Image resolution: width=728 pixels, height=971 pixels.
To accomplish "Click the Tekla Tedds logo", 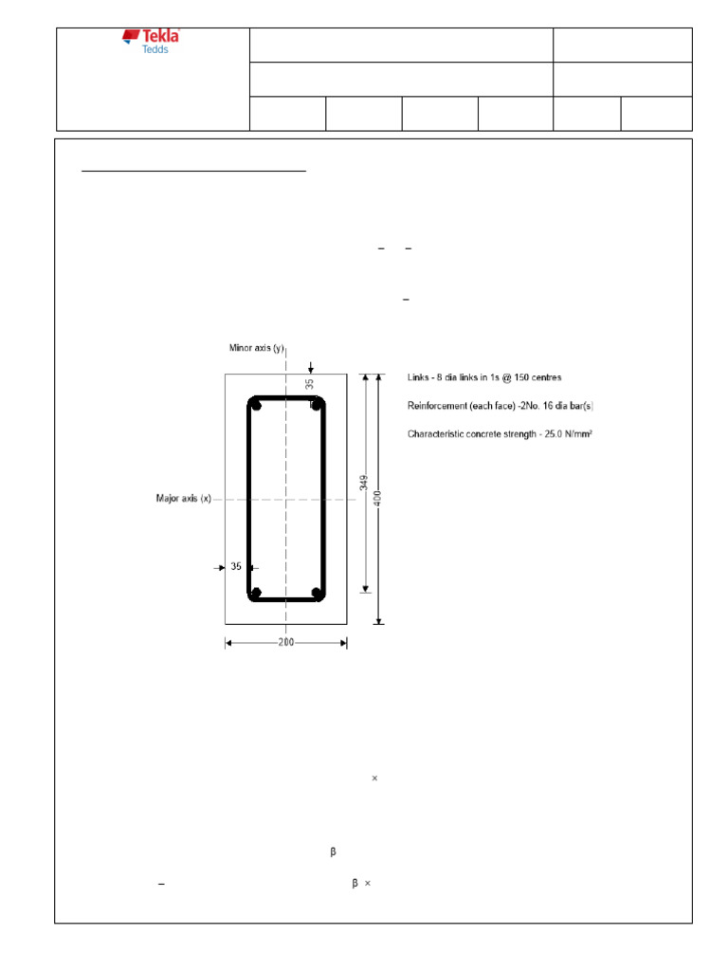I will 151,41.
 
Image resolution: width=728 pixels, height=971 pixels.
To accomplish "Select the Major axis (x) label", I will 183,498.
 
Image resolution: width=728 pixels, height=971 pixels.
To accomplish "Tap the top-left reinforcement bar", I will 256,405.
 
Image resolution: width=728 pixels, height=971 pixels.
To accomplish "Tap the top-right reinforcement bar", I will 318,405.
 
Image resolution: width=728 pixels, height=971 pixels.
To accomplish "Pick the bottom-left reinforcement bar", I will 256,593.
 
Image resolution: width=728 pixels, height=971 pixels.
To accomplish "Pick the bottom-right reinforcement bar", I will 318,593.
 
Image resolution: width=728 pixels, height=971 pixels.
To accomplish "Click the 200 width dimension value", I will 286,642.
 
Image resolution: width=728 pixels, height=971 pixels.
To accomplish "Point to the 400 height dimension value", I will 378,498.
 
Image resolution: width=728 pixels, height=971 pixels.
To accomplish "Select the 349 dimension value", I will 363,483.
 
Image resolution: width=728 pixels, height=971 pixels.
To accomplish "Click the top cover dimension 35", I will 309,384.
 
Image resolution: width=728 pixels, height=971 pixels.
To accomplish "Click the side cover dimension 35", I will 236,567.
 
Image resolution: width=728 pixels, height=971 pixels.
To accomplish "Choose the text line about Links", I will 483,377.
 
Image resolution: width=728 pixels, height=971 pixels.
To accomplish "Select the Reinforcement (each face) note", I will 500,406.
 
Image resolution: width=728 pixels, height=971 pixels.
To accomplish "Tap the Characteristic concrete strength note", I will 500,434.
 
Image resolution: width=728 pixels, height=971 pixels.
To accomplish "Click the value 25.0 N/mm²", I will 567,434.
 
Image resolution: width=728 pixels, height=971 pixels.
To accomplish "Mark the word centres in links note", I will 542,377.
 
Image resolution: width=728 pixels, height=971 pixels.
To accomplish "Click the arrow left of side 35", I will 219,567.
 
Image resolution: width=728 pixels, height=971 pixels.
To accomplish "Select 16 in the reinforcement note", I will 538,406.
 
